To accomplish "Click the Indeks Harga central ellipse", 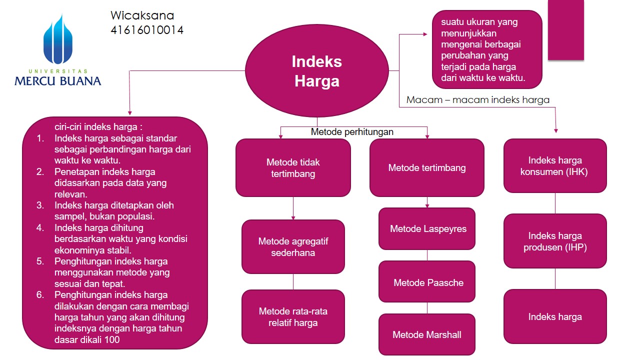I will click(x=316, y=70).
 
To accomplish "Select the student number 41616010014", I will click(x=147, y=30).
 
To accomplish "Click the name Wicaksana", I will click(x=142, y=15).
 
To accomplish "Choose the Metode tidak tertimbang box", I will click(x=293, y=167).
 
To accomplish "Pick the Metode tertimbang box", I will click(x=427, y=167).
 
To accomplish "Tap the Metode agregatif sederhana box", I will click(x=293, y=246).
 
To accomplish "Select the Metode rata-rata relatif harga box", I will click(x=293, y=316).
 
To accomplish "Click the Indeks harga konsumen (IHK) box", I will click(x=555, y=166).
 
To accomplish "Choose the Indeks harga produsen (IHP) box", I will click(x=555, y=241).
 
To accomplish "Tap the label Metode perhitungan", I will click(x=352, y=132).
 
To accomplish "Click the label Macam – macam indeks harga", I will click(x=478, y=99).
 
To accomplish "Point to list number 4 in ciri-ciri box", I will click(x=40, y=228).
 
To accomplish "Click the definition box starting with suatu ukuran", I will click(x=487, y=50).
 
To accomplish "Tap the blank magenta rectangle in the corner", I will click(x=566, y=30).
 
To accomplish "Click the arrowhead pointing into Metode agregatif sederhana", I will click(x=293, y=217).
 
